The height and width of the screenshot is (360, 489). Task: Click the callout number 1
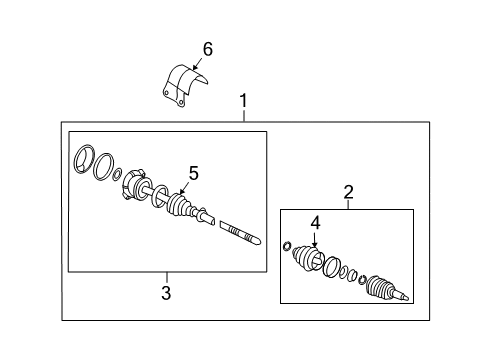[244, 101]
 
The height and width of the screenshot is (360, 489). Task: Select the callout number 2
[348, 192]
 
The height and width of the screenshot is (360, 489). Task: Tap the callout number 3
[166, 293]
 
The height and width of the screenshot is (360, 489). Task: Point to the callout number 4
[315, 223]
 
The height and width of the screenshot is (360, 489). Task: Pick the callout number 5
[193, 173]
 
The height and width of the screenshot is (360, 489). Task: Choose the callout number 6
[208, 49]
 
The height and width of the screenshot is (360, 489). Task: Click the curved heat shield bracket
[183, 86]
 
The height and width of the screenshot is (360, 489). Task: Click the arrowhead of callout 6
[195, 67]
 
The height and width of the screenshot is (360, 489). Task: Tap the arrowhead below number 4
[315, 245]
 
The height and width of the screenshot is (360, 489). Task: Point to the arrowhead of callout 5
[182, 191]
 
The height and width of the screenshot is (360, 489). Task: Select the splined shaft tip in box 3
[241, 233]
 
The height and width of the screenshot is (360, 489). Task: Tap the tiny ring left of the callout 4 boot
[287, 246]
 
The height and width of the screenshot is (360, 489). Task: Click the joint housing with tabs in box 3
[135, 185]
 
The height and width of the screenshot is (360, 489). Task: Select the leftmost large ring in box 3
[84, 159]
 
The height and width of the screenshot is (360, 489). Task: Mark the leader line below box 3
[167, 278]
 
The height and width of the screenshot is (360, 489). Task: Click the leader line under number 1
[244, 116]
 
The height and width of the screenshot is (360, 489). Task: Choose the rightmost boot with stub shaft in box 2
[387, 288]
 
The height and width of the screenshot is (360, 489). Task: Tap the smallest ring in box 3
[117, 174]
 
